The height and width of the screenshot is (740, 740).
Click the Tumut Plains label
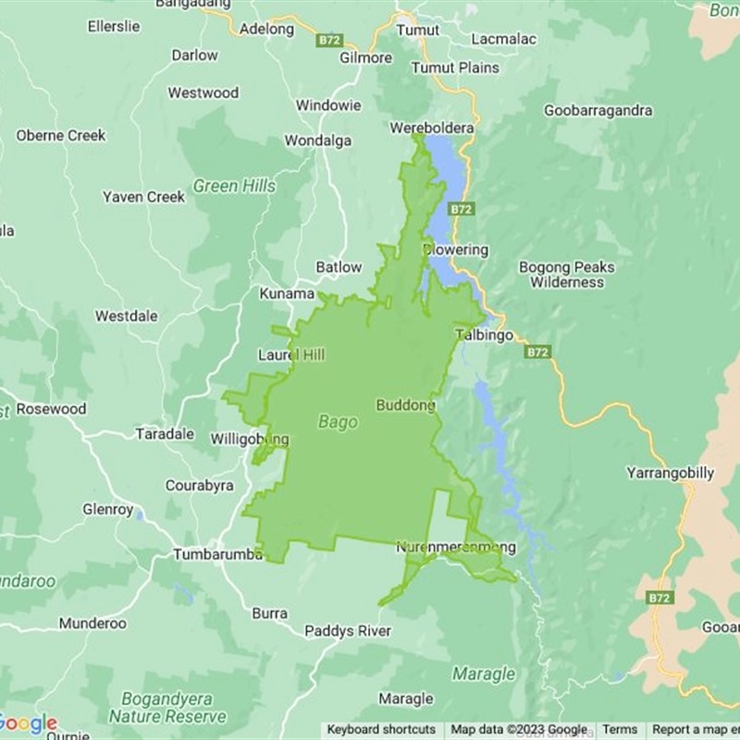pyautogui.click(x=455, y=68)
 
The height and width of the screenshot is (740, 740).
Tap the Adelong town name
pyautogui.click(x=266, y=29)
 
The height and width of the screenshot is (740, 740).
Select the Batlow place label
pyautogui.click(x=339, y=267)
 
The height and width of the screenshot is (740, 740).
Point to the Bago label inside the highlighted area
pyautogui.click(x=338, y=422)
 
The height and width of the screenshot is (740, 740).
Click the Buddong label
pyautogui.click(x=405, y=405)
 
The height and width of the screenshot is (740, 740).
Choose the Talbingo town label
pyautogui.click(x=484, y=336)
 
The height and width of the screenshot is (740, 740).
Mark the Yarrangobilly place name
pyautogui.click(x=670, y=473)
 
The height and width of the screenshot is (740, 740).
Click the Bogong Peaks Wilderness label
pyautogui.click(x=566, y=275)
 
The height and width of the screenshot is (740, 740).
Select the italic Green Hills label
pyautogui.click(x=234, y=186)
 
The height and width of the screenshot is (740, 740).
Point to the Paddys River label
pyautogui.click(x=349, y=631)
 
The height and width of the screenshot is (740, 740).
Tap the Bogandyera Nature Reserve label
pyautogui.click(x=166, y=708)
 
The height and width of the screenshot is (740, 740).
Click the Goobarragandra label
pyautogui.click(x=598, y=110)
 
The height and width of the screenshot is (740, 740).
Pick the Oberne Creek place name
pyautogui.click(x=61, y=135)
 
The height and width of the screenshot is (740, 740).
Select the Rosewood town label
pyautogui.click(x=51, y=409)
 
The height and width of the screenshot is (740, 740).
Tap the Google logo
pyautogui.click(x=28, y=723)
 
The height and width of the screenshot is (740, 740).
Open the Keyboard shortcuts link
pyautogui.click(x=381, y=729)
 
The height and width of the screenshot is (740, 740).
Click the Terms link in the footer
pyautogui.click(x=620, y=729)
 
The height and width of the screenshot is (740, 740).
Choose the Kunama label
pyautogui.click(x=287, y=293)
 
